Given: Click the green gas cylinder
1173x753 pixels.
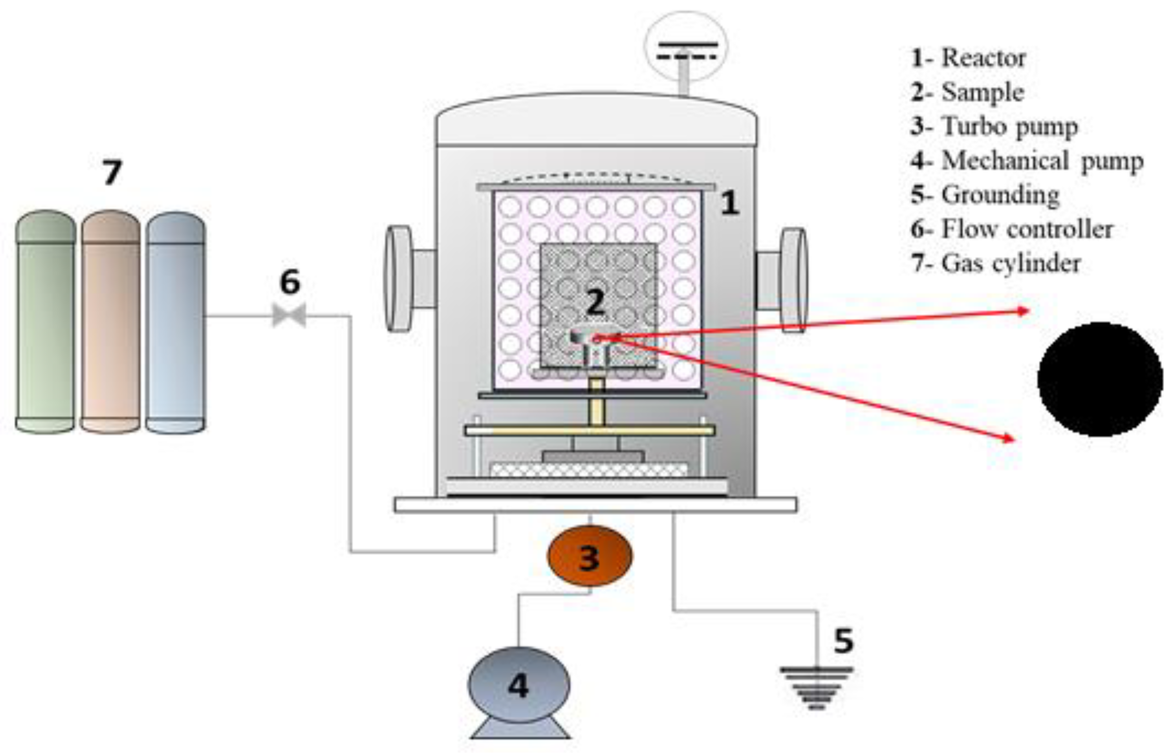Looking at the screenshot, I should [46, 323].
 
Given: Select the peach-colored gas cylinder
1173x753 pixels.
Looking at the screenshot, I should [110, 323].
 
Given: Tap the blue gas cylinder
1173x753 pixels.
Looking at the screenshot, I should [175, 323].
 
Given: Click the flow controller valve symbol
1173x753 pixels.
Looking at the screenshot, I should [289, 315].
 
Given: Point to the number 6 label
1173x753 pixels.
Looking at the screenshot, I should [290, 282].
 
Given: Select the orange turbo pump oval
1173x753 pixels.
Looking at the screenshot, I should [589, 556].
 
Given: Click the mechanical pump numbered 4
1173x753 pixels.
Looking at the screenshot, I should [519, 686].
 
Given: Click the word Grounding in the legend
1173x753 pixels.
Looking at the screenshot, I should [1000, 195].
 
